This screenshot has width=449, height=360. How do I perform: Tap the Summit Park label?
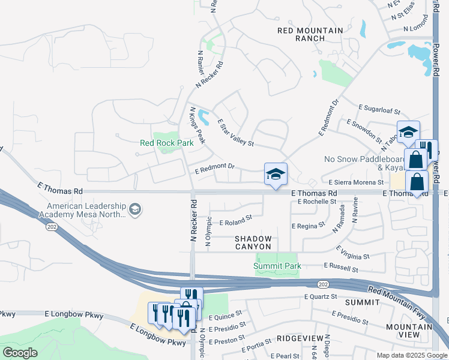[x=277, y=266]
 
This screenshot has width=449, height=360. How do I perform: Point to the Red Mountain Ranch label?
[x=310, y=34]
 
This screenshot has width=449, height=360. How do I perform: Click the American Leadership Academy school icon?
[x=136, y=209]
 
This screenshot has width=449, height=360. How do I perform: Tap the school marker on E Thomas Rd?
[x=276, y=175]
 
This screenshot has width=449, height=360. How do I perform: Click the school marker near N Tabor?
[x=408, y=132]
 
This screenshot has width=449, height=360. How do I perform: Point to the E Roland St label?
[x=234, y=222]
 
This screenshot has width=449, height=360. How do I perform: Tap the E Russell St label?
[x=340, y=265]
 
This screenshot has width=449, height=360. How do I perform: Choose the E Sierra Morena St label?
[x=356, y=182]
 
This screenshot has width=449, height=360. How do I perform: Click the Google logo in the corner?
[x=20, y=353]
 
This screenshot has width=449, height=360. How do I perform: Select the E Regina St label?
[x=308, y=226]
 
